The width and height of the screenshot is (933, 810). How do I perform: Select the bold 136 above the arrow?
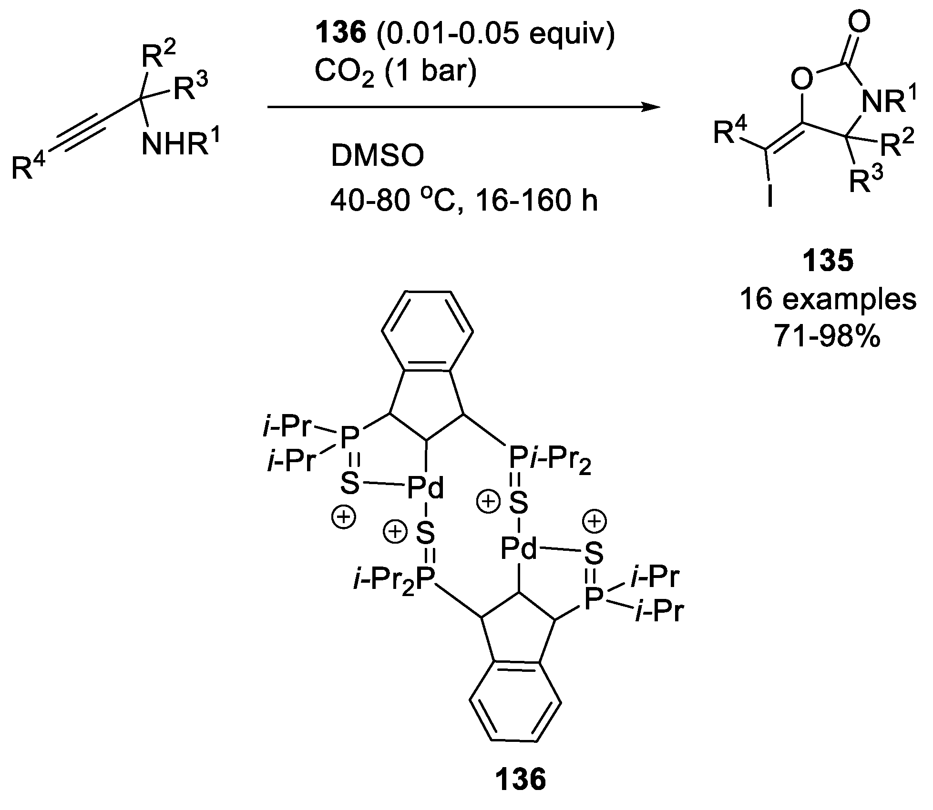click(342, 35)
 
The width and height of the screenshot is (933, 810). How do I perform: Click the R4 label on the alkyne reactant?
click(29, 168)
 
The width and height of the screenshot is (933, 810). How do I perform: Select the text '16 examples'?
click(828, 300)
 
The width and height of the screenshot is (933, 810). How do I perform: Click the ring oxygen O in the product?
click(802, 80)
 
